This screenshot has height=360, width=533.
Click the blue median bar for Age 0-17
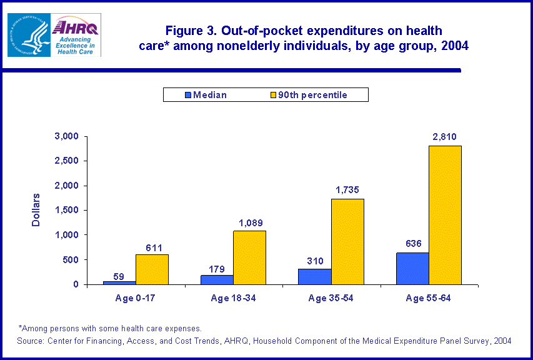pos(119,282)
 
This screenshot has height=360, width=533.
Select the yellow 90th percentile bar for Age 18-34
pos(249,257)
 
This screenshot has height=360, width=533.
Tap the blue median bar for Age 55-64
pos(412,269)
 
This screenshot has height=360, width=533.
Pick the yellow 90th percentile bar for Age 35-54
pos(347,241)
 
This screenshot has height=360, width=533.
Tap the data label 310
pos(314,261)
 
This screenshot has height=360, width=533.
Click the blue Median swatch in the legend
pos(187,95)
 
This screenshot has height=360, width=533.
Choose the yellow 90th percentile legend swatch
pos(272,95)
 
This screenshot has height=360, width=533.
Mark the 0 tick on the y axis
pos(76,284)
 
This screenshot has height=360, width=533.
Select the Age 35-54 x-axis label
pos(331,298)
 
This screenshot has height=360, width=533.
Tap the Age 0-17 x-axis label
pos(136,298)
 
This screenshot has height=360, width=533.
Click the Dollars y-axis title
pos(36,209)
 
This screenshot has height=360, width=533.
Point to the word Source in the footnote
pos(32,341)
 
